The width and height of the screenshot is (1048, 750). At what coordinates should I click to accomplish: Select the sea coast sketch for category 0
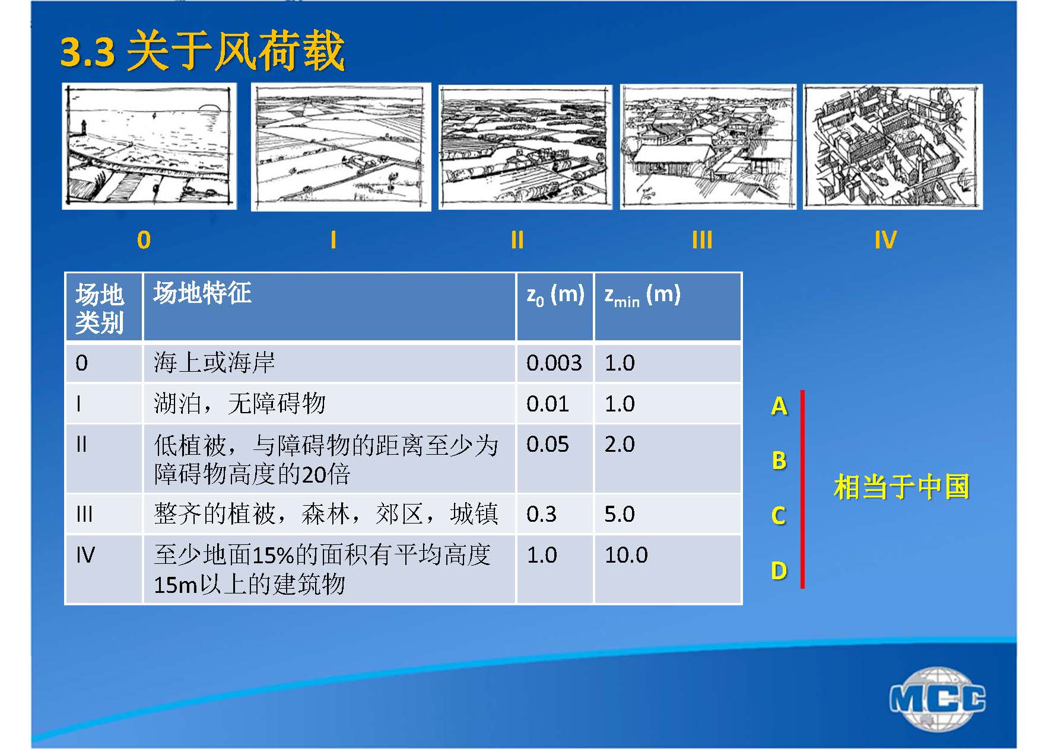coord(149,146)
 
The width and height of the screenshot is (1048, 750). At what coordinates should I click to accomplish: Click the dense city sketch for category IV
coord(893,146)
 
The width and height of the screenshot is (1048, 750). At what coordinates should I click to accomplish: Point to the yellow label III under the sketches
coord(701,240)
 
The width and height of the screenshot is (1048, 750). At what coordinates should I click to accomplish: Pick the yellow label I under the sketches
coord(334,240)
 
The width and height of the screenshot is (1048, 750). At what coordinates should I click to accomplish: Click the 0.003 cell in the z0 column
coord(554,363)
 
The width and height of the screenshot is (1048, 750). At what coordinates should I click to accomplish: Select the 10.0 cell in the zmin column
coord(626,555)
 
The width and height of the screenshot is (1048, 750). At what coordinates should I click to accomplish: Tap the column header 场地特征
coord(202,293)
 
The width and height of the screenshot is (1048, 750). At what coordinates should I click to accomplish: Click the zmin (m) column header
coord(642,295)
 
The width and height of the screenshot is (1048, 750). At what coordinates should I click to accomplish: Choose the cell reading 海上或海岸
coord(214,363)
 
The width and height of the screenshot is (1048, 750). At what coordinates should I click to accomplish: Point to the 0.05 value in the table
coord(548,444)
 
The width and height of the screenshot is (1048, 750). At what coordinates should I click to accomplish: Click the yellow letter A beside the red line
coord(779,406)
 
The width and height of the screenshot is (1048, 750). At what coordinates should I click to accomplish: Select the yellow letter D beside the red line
coord(779,570)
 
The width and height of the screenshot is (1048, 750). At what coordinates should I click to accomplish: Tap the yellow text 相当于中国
coord(901,487)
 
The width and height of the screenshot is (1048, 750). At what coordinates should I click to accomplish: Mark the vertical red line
coord(802,489)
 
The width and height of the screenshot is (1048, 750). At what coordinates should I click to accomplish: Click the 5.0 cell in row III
coord(620,514)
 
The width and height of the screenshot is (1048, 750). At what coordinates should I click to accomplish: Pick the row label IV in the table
coord(85,555)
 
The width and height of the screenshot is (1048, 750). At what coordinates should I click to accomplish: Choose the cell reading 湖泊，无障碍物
coord(240,404)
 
